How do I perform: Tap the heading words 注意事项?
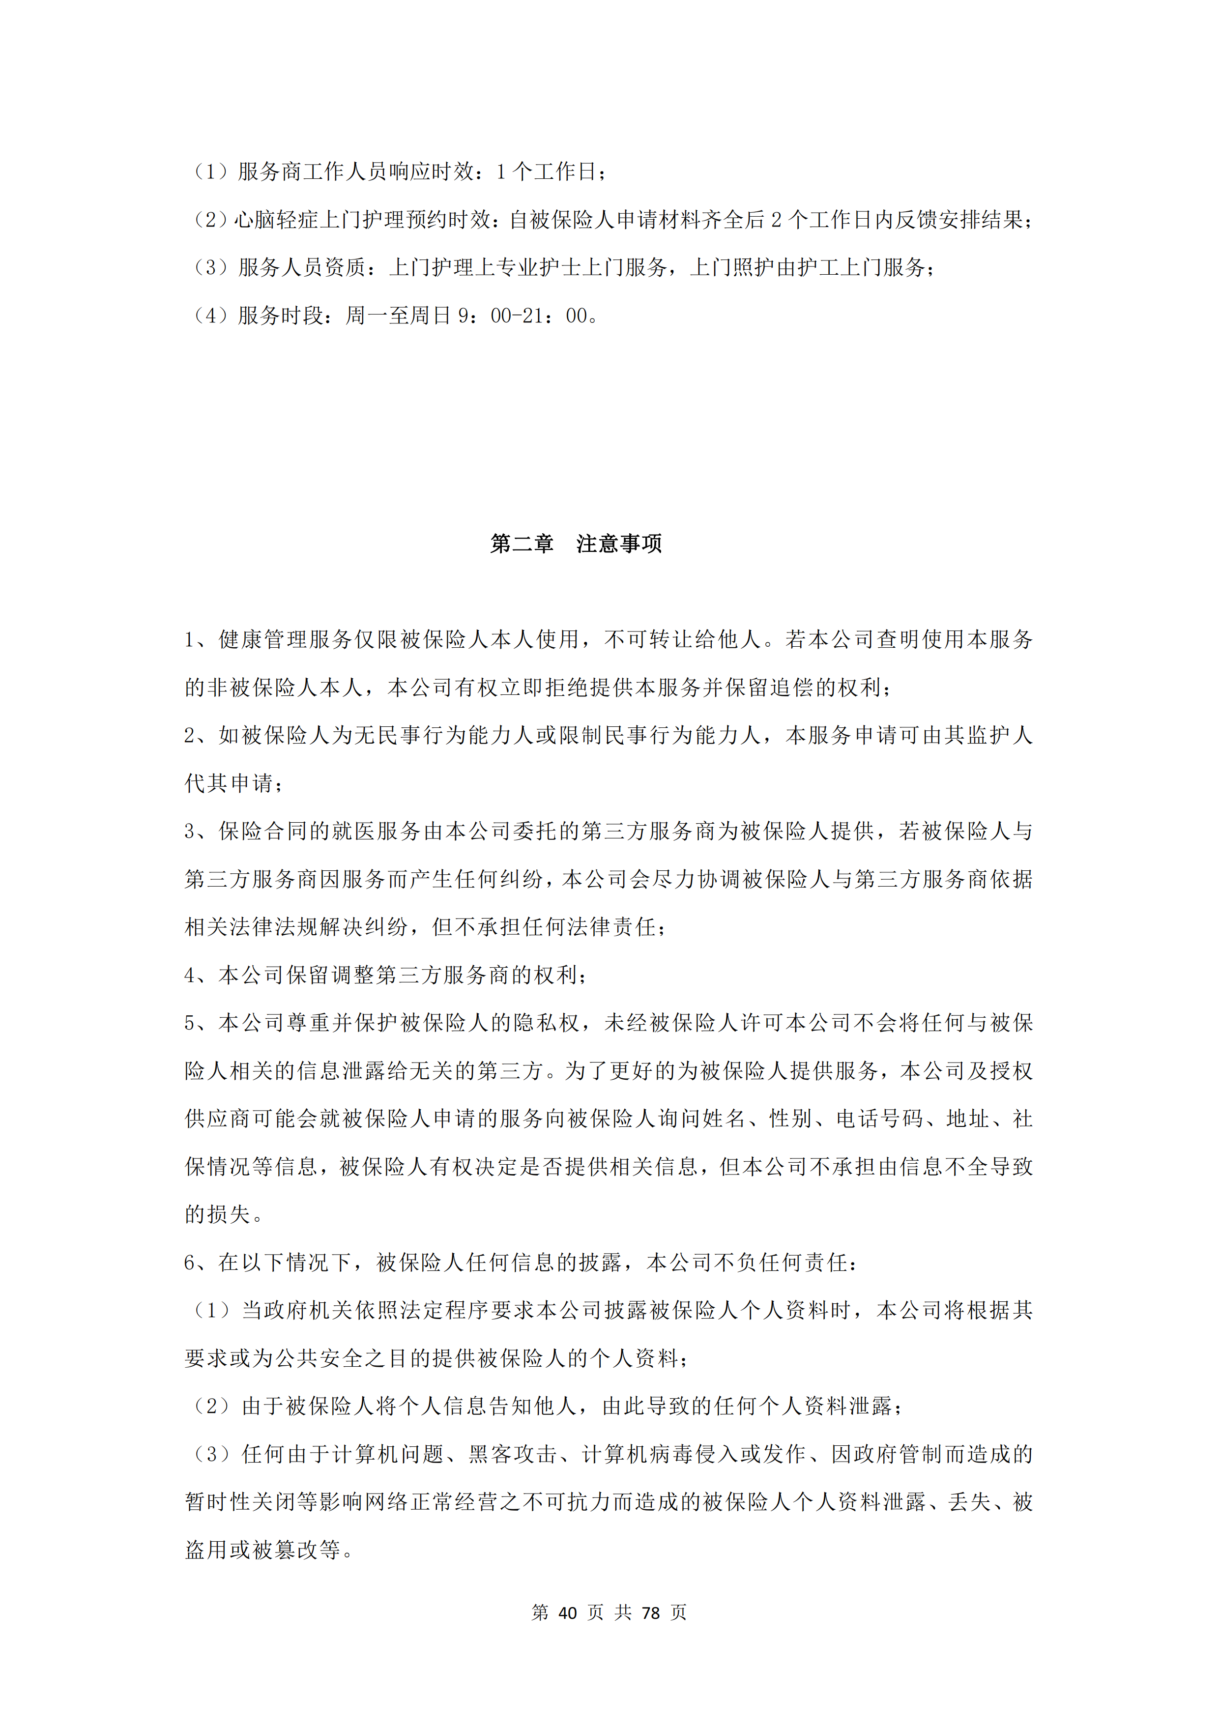619,544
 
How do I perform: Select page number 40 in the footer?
568,1612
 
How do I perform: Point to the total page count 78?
651,1612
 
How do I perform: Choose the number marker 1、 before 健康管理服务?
200,640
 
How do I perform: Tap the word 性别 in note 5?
790,1120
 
